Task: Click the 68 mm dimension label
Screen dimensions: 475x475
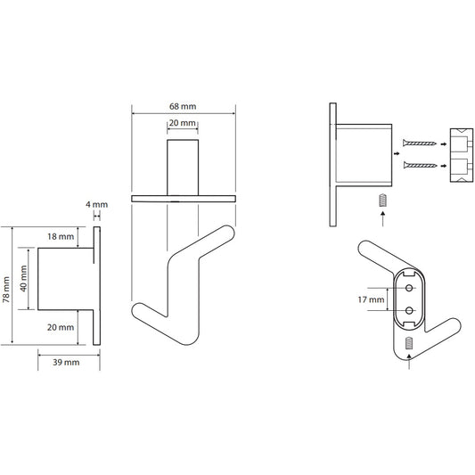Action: pos(183,107)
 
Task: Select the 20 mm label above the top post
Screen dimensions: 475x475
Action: pos(183,123)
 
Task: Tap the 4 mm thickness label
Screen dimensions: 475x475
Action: pos(96,205)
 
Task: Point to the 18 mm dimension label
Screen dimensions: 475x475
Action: pos(61,236)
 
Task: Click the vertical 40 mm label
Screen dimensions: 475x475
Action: pos(23,278)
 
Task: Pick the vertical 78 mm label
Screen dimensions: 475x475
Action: pos(6,290)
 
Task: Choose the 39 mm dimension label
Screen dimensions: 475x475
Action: pos(66,363)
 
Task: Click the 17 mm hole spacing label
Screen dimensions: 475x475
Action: pos(371,300)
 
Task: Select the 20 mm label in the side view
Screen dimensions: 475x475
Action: pos(61,327)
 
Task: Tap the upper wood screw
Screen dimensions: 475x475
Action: pos(420,143)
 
